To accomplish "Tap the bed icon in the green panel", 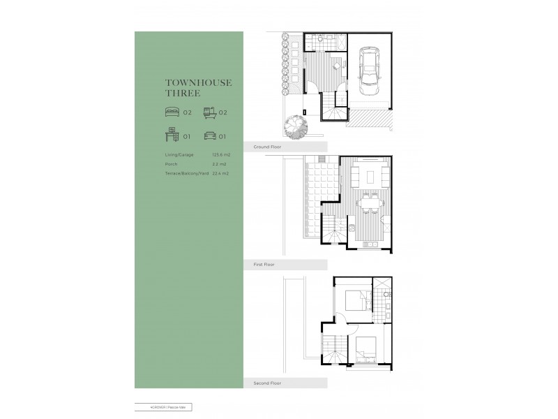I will point(172,111).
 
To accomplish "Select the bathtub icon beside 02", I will point(209,111).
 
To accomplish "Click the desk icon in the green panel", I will point(172,136).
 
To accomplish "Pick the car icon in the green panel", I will point(209,136).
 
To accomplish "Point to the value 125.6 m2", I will point(221,154).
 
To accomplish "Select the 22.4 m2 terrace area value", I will point(220,172).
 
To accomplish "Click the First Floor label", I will point(264,265).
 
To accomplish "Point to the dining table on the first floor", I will point(368,205).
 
